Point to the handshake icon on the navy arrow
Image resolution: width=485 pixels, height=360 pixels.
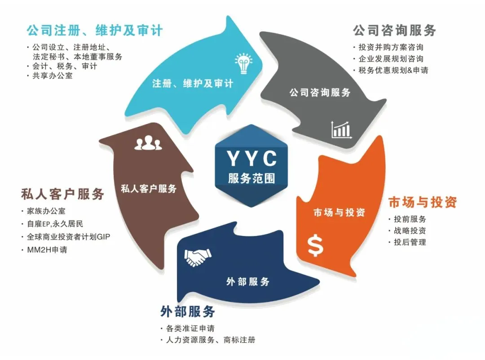pos(198,258)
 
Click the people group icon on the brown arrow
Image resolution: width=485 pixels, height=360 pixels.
pos(148,143)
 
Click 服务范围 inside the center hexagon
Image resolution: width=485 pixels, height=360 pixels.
pos(251,178)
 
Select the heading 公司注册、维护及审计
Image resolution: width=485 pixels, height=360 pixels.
pos(94,31)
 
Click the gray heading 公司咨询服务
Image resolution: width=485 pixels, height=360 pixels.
pos(394,31)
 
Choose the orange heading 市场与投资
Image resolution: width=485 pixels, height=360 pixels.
pos(422,202)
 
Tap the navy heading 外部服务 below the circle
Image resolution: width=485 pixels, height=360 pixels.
pos(188,311)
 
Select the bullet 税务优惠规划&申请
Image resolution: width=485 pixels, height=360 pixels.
pos(393,70)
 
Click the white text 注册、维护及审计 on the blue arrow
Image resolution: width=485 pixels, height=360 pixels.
pos(193,84)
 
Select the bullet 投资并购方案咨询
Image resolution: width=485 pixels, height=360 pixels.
pos(391,47)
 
